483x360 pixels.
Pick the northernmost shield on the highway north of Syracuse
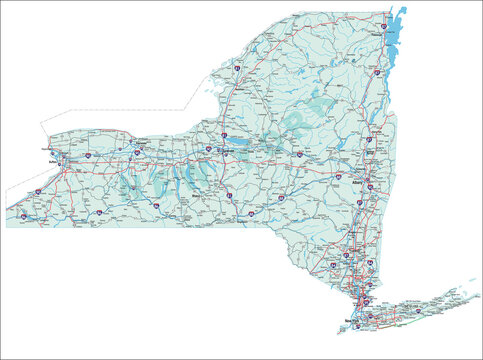236,68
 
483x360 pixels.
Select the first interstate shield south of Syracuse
228,193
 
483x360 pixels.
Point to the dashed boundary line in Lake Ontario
100,112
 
